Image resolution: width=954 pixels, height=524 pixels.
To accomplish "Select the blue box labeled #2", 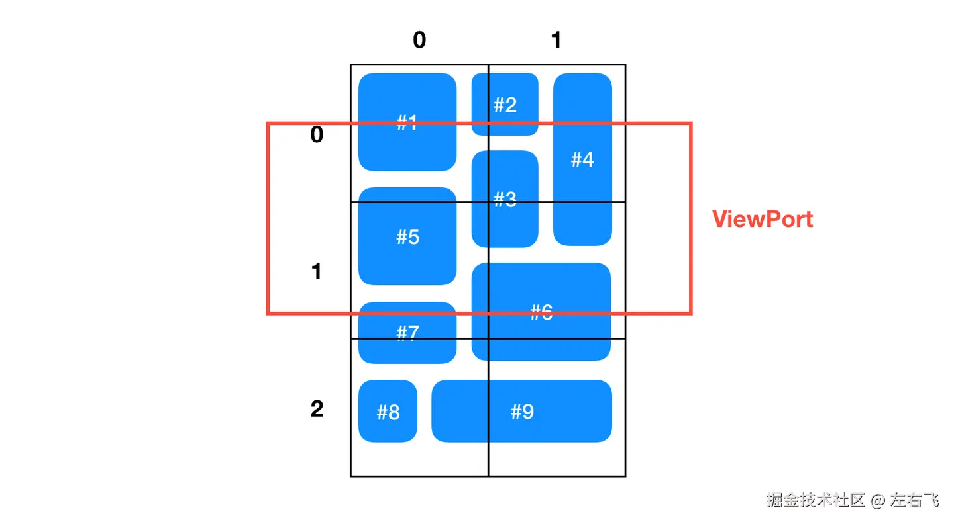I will (505, 105).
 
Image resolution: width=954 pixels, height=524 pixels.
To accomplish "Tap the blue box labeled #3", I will (505, 198).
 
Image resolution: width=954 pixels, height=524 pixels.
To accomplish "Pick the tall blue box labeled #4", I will (582, 159).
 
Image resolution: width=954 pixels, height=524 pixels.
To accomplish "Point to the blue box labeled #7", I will (407, 332).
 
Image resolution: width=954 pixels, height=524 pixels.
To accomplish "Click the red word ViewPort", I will (763, 219).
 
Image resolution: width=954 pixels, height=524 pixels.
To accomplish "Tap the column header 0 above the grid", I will (419, 40).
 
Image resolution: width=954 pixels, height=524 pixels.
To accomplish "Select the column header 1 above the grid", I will (556, 40).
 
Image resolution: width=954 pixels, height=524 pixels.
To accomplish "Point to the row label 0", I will (317, 135).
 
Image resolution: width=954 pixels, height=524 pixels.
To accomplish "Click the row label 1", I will (317, 271).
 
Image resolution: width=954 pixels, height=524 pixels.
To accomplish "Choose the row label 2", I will (317, 409).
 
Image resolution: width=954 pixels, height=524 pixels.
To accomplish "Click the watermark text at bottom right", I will (853, 500).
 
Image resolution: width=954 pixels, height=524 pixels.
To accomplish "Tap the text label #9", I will (522, 412).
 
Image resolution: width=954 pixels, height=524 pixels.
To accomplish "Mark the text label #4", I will (582, 159).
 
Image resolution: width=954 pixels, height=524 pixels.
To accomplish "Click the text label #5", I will (408, 237).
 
